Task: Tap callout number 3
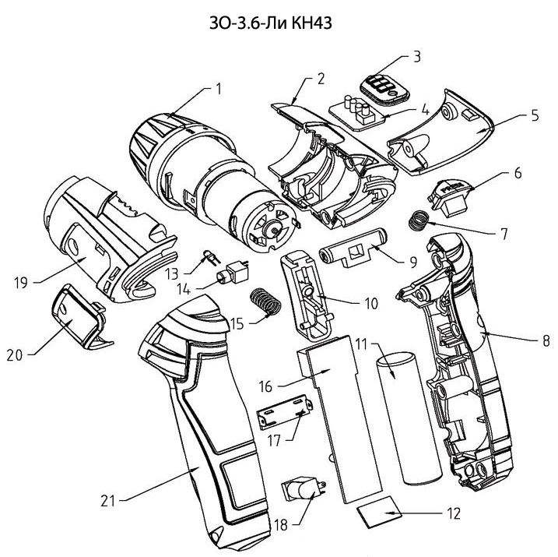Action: click(416, 56)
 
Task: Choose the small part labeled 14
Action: click(233, 274)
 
